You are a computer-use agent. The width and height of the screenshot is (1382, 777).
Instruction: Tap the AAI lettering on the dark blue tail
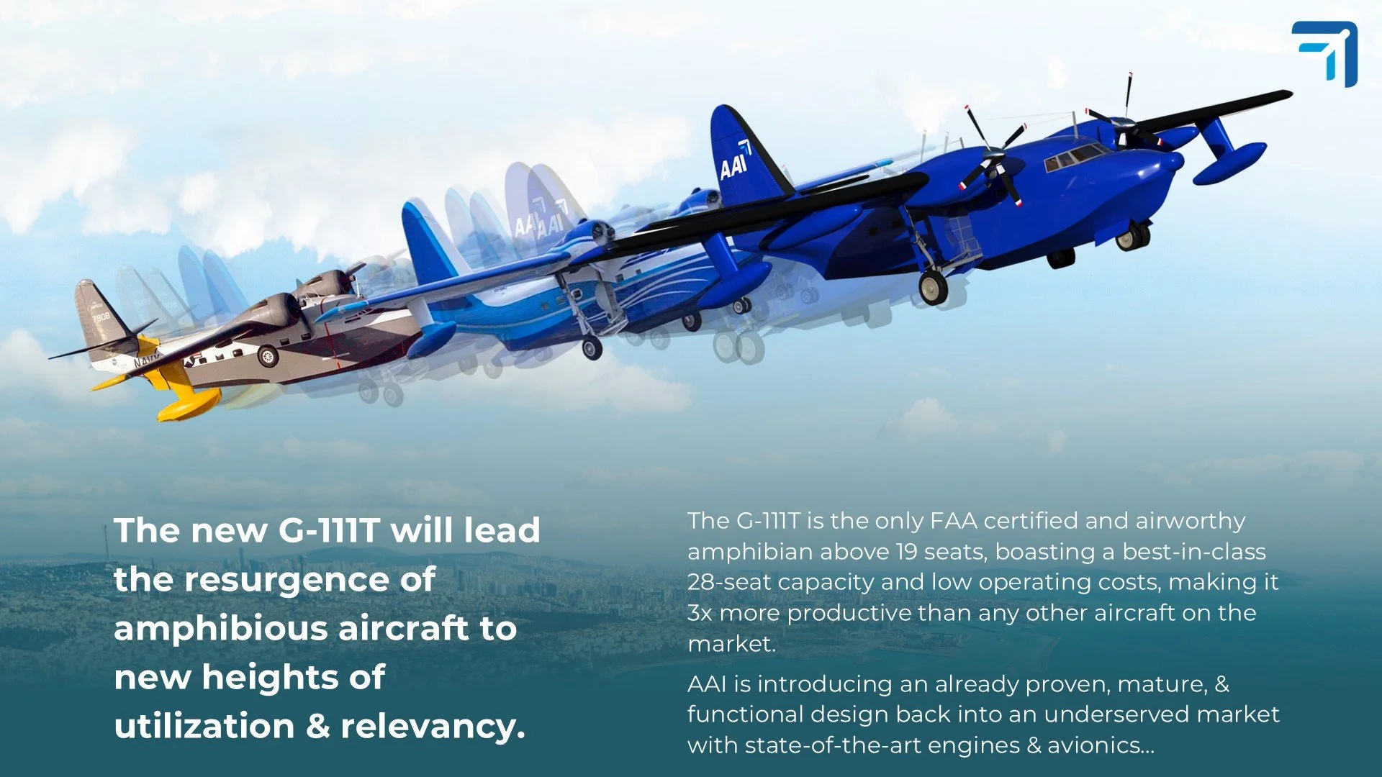(734, 165)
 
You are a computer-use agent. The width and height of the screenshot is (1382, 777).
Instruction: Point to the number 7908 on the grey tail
(101, 317)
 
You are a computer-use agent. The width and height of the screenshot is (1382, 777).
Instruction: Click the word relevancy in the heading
(433, 727)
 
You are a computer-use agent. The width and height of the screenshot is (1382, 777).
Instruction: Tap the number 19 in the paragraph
(906, 552)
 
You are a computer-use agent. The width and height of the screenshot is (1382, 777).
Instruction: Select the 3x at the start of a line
(700, 613)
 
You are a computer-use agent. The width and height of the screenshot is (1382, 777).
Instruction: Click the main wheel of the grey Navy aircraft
(268, 355)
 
